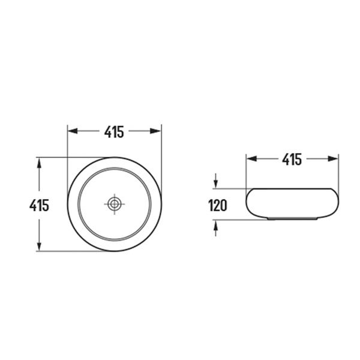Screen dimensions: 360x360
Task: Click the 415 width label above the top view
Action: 114,132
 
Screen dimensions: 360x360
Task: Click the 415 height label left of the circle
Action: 39,205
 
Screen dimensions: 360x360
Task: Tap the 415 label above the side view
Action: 292,160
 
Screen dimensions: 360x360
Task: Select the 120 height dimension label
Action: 218,205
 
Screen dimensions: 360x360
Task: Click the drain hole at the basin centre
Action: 115,203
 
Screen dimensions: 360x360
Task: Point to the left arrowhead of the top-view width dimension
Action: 73,131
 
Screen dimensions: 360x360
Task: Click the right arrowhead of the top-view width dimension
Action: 156,131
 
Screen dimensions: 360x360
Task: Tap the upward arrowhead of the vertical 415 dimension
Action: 39,163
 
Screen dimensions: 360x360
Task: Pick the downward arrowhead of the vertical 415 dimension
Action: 39,245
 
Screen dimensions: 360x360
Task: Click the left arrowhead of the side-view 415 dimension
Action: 251,158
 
